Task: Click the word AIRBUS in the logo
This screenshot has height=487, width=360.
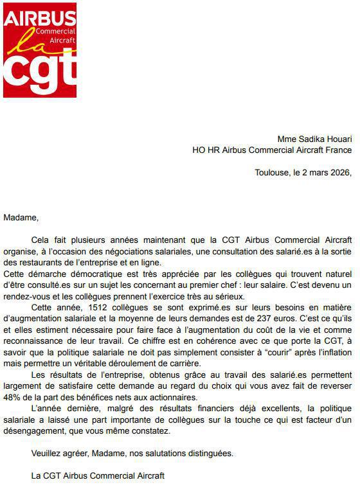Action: [39, 19]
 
